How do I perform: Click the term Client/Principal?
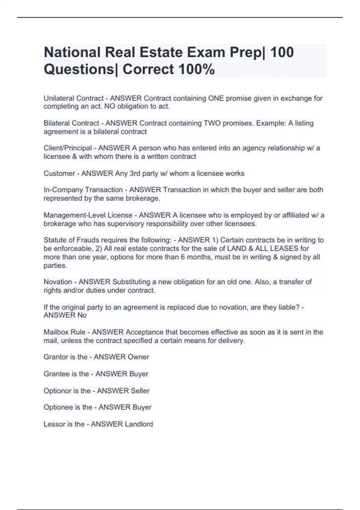click(68, 148)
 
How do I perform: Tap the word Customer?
click(59, 173)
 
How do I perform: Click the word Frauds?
click(88, 240)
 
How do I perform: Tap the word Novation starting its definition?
click(58, 282)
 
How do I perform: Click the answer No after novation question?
click(82, 315)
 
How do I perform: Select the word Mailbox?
click(56, 332)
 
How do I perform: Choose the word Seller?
click(140, 391)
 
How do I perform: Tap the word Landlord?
click(139, 424)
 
